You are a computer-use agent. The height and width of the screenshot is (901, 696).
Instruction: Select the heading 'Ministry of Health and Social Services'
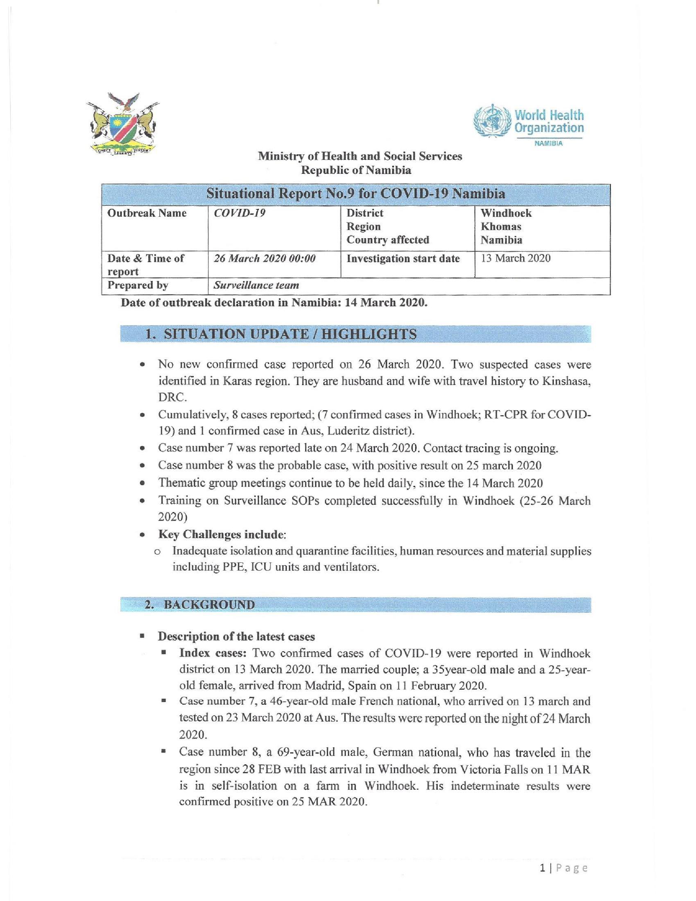click(x=360, y=156)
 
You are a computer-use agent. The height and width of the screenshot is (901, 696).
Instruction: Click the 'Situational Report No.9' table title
click(x=355, y=194)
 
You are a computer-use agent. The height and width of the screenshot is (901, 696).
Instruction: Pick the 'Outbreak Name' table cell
click(x=147, y=213)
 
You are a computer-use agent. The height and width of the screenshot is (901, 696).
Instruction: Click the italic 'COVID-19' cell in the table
click(x=239, y=213)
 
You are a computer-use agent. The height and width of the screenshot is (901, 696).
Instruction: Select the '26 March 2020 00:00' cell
click(x=265, y=259)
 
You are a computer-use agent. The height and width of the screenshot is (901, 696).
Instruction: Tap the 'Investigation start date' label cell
click(x=403, y=259)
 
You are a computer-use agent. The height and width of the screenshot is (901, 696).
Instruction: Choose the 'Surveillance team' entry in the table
click(x=256, y=285)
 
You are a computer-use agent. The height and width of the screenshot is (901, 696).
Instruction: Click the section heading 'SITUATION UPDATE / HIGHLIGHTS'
click(x=290, y=334)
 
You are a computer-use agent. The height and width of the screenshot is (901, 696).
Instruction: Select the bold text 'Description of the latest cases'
click(x=236, y=637)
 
